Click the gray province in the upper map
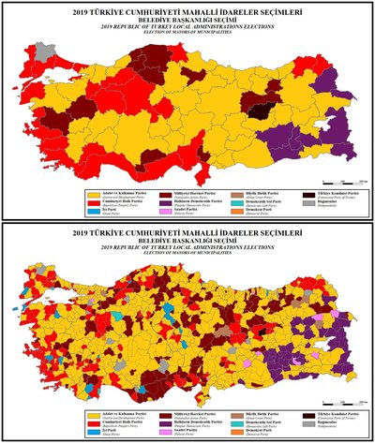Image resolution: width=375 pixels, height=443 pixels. click(x=41, y=52)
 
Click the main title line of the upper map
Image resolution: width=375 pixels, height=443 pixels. click(x=187, y=10)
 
